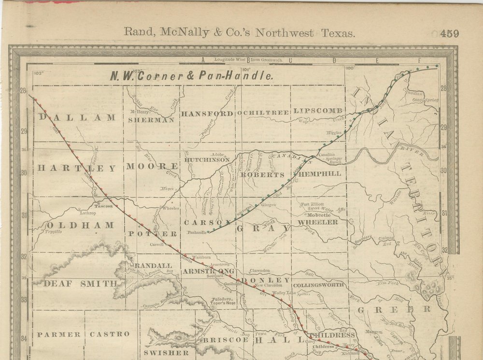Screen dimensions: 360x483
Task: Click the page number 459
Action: point(449,33)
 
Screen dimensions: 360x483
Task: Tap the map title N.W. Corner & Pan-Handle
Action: point(191,76)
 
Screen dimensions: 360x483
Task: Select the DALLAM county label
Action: point(77,117)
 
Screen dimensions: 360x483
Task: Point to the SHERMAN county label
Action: point(151,120)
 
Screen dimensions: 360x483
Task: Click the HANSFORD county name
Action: point(207,114)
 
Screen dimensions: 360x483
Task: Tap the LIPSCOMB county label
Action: point(318,111)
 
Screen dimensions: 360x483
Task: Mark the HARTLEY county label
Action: point(77,168)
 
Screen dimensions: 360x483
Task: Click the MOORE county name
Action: point(152,166)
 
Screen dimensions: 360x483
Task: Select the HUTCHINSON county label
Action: point(207,159)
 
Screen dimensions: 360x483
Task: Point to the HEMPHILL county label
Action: point(320,173)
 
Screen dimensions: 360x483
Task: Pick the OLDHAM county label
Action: point(80,225)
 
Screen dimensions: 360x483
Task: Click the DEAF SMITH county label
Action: point(81,284)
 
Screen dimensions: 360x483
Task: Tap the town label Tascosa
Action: point(104,206)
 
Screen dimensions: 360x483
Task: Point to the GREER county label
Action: point(394,309)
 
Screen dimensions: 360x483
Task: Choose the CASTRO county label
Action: point(110,334)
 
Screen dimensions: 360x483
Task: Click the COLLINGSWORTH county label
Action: point(319,285)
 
